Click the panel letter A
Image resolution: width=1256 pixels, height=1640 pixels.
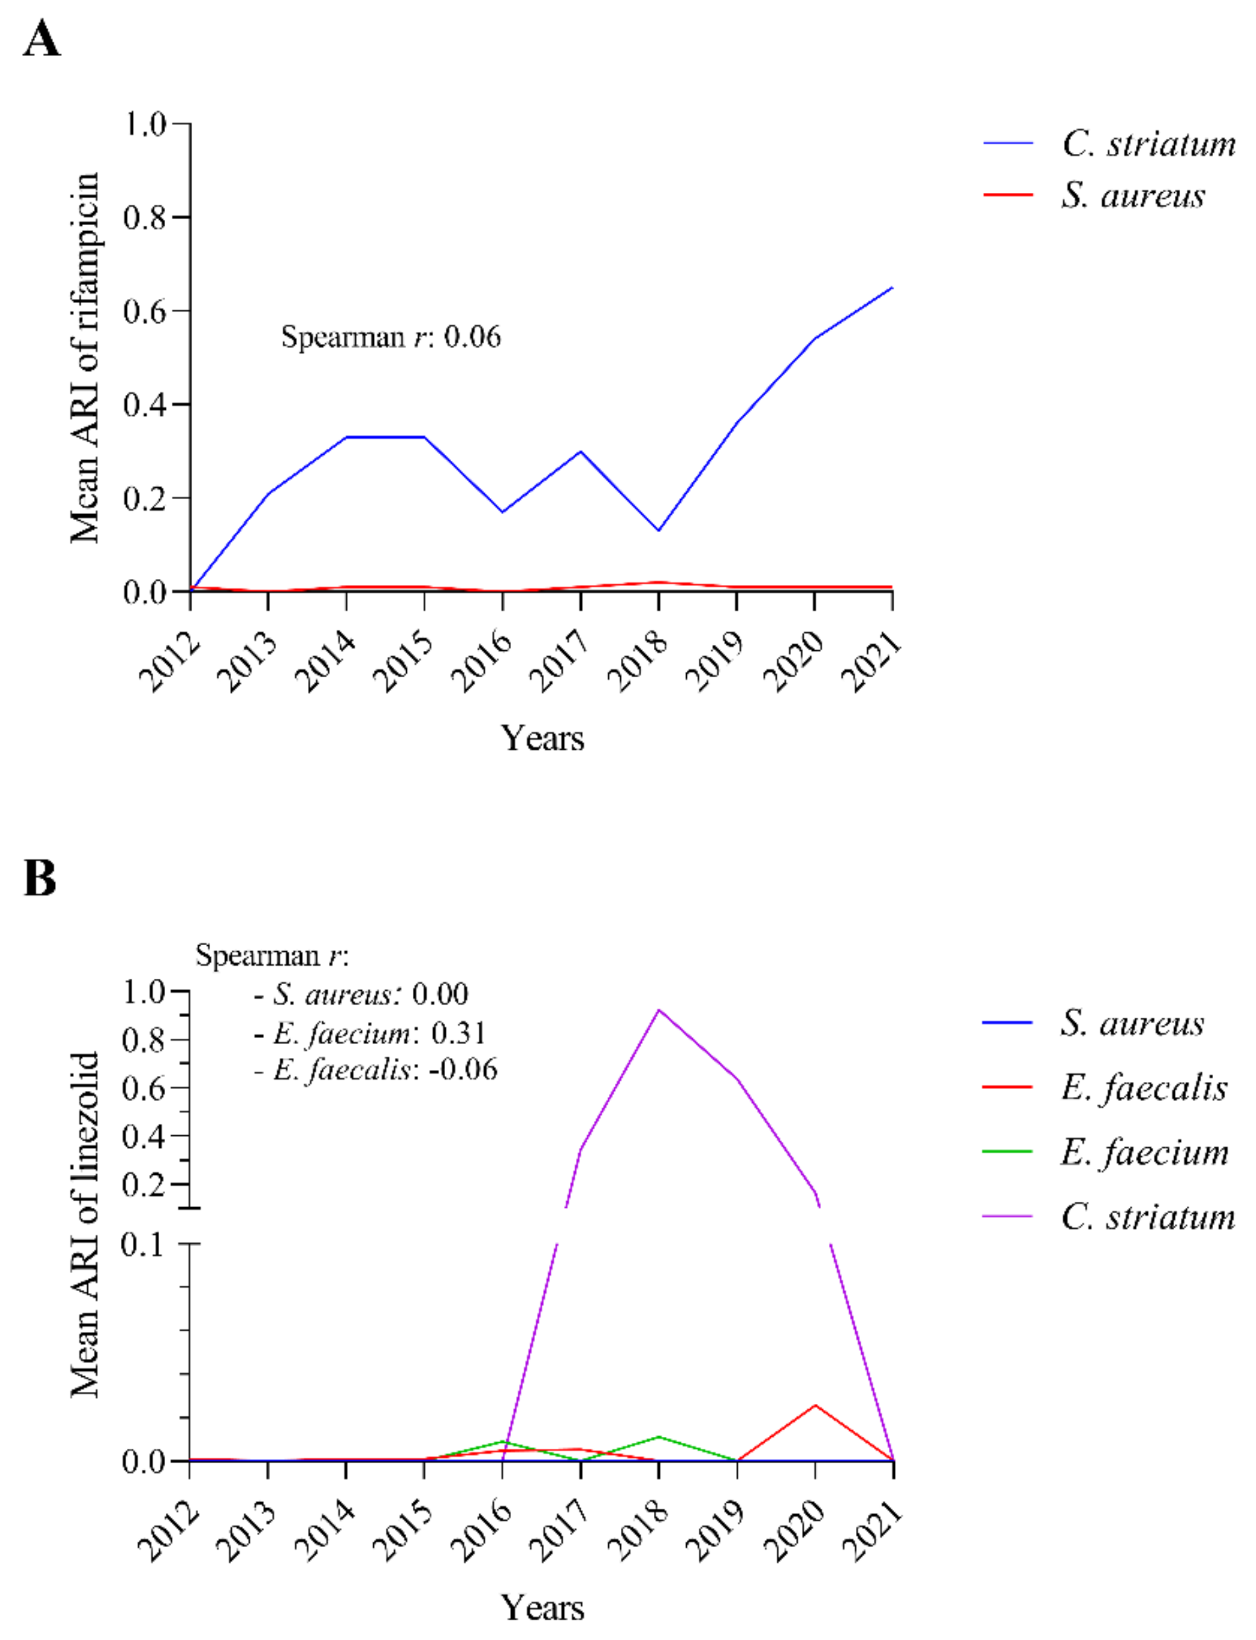41,39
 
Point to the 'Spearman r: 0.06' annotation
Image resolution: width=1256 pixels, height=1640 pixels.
390,337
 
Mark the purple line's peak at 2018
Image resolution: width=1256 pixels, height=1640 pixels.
659,1011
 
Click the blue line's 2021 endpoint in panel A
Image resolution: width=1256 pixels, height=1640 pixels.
892,288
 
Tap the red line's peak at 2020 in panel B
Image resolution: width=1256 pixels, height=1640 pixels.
815,1405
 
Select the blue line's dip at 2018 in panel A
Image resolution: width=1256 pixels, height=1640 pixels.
659,530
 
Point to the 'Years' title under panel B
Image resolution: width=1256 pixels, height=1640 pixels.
542,1607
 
